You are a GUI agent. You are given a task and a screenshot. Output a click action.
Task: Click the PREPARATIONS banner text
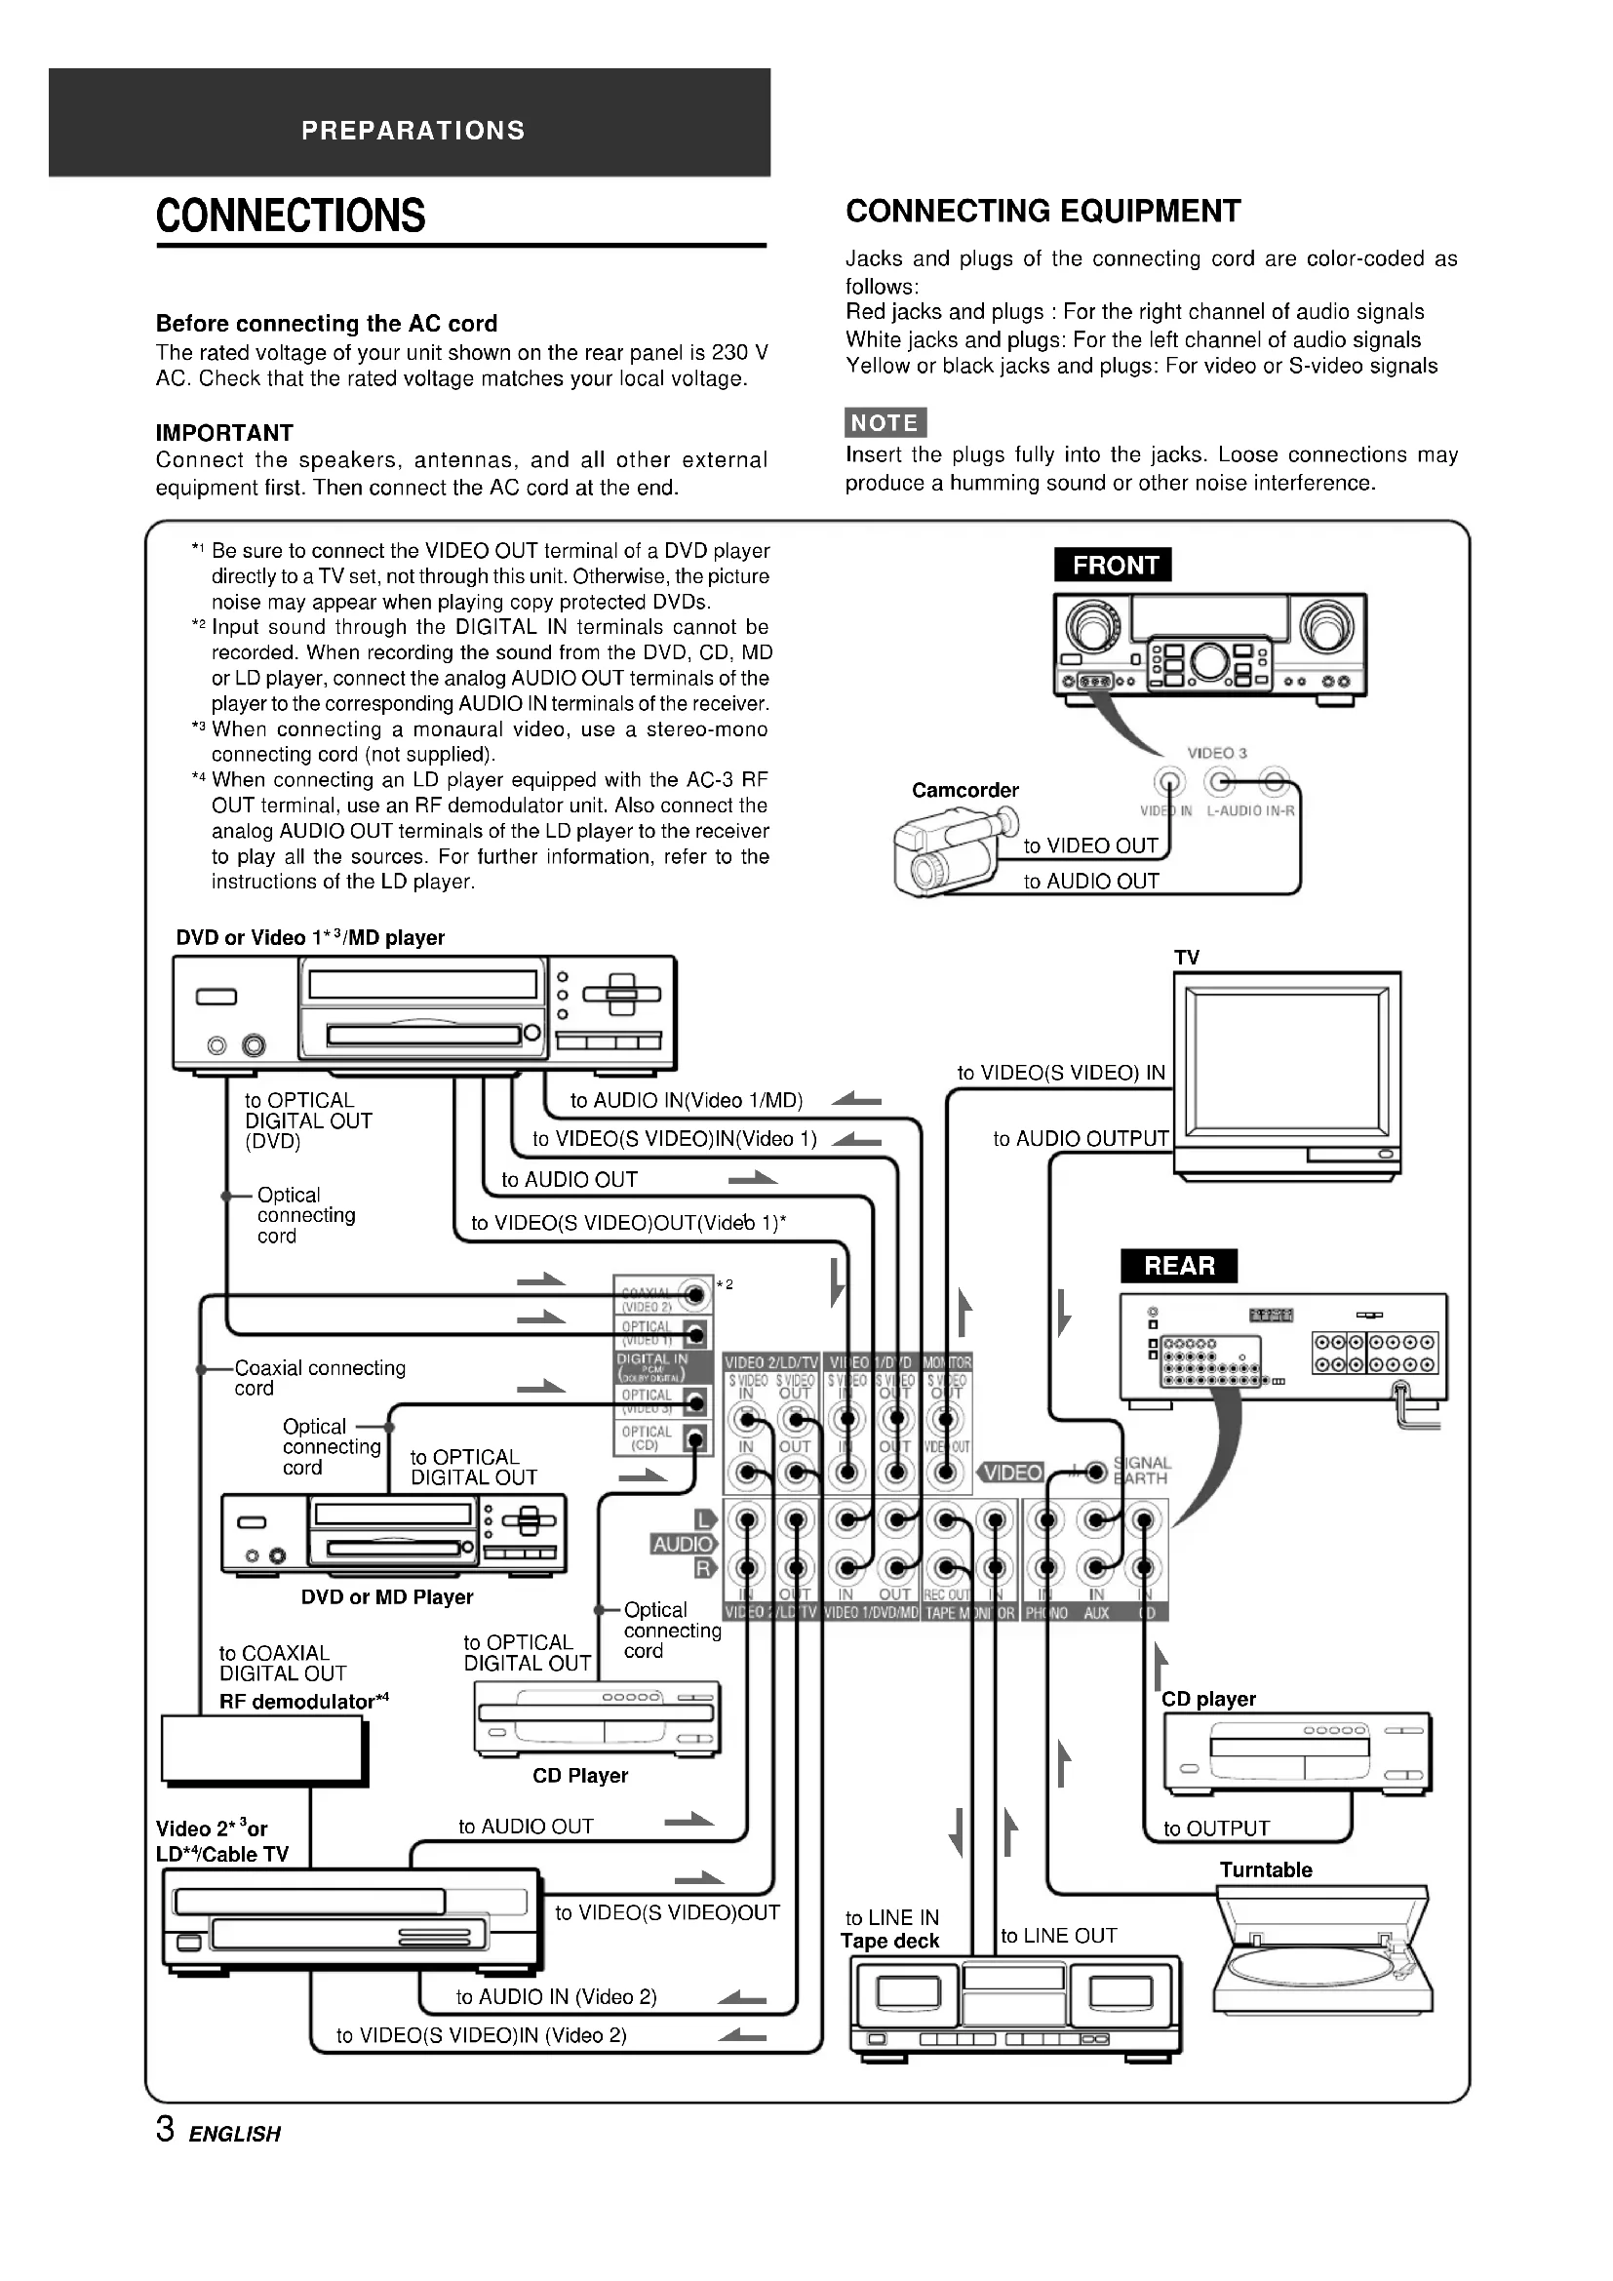tap(413, 130)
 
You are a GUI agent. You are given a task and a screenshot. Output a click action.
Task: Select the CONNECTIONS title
tap(291, 216)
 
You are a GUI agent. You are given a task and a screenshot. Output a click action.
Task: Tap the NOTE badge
tap(885, 422)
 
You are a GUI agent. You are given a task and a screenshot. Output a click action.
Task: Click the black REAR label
tap(1179, 1265)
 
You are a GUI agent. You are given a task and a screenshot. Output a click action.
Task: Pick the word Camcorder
tap(965, 790)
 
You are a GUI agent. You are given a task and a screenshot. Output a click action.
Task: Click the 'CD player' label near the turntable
tap(1208, 1699)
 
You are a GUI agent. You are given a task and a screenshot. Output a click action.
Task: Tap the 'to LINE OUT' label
tap(1059, 1935)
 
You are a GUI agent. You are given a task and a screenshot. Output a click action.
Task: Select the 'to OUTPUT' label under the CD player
tap(1217, 1828)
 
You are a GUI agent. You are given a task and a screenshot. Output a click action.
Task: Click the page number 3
tap(165, 2129)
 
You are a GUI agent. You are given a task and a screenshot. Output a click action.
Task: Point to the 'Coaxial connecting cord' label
tap(320, 1378)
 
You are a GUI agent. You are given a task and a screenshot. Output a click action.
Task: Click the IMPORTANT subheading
tap(224, 432)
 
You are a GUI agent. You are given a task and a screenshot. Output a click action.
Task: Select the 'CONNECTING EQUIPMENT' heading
tap(1043, 211)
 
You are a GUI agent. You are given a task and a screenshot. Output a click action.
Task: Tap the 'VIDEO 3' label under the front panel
tap(1217, 753)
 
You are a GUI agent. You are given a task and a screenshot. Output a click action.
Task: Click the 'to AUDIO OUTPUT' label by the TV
tap(1081, 1138)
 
